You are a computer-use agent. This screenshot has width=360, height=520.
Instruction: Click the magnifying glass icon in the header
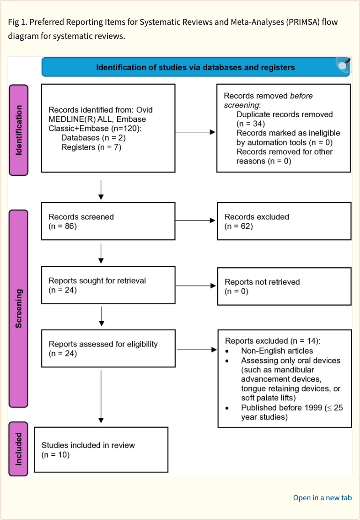[344, 65]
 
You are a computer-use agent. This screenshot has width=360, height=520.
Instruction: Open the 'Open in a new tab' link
[322, 497]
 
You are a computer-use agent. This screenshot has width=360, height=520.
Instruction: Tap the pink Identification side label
[19, 130]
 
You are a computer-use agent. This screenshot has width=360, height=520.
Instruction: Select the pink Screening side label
[19, 308]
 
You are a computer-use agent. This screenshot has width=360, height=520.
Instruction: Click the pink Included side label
[19, 449]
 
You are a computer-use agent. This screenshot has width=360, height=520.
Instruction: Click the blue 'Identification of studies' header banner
[195, 67]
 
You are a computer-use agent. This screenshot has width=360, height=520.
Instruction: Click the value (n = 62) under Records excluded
[239, 226]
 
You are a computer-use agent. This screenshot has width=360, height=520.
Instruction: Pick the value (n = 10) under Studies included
[55, 454]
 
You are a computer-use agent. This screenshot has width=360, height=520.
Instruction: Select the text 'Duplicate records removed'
[285, 114]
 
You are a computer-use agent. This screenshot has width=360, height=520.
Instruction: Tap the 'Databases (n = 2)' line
[93, 138]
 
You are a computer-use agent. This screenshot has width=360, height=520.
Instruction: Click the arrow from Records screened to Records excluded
[195, 220]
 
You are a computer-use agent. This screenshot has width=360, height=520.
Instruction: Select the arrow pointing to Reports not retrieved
[195, 286]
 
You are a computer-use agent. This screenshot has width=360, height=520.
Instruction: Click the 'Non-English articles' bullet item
[277, 351]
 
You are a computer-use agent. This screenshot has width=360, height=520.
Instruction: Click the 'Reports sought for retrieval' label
[97, 280]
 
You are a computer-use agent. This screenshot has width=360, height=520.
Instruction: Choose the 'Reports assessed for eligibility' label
[103, 344]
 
